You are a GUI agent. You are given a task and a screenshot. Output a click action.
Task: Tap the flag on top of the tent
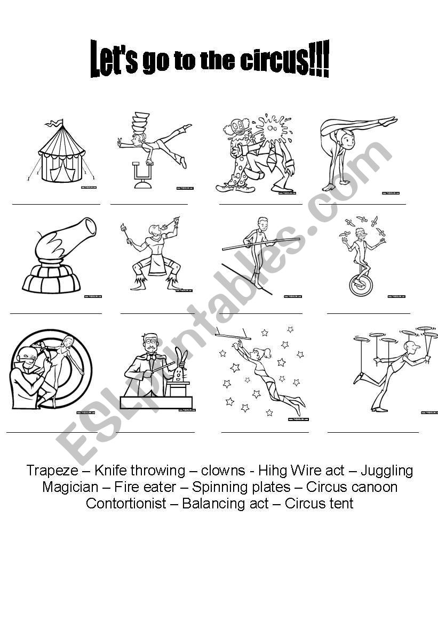click(54, 124)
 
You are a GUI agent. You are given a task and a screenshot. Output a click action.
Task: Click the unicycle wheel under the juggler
click(361, 286)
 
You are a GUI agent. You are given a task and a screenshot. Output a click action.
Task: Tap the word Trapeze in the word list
click(52, 471)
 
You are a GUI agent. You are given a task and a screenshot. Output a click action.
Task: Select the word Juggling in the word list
click(387, 471)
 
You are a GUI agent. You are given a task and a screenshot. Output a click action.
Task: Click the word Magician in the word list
click(70, 487)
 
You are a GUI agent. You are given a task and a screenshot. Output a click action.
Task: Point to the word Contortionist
click(126, 504)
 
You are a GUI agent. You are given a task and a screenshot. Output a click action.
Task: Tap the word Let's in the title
click(114, 59)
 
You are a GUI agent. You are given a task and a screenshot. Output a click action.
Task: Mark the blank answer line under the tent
click(56, 204)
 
